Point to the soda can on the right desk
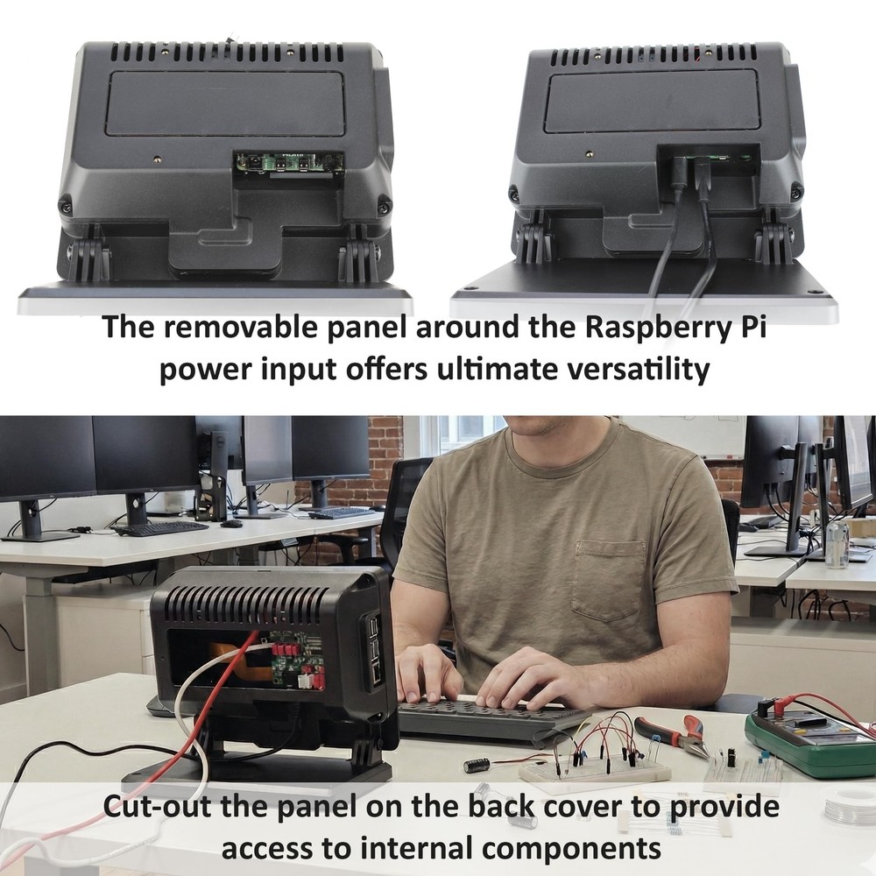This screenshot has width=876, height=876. [837, 543]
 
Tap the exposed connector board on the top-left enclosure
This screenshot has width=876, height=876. [288, 163]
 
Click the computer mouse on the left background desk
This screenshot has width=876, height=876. [231, 524]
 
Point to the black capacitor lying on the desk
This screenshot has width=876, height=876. [477, 765]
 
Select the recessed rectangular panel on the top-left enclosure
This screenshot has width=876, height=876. [225, 103]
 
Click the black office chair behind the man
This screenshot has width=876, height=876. [403, 508]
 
